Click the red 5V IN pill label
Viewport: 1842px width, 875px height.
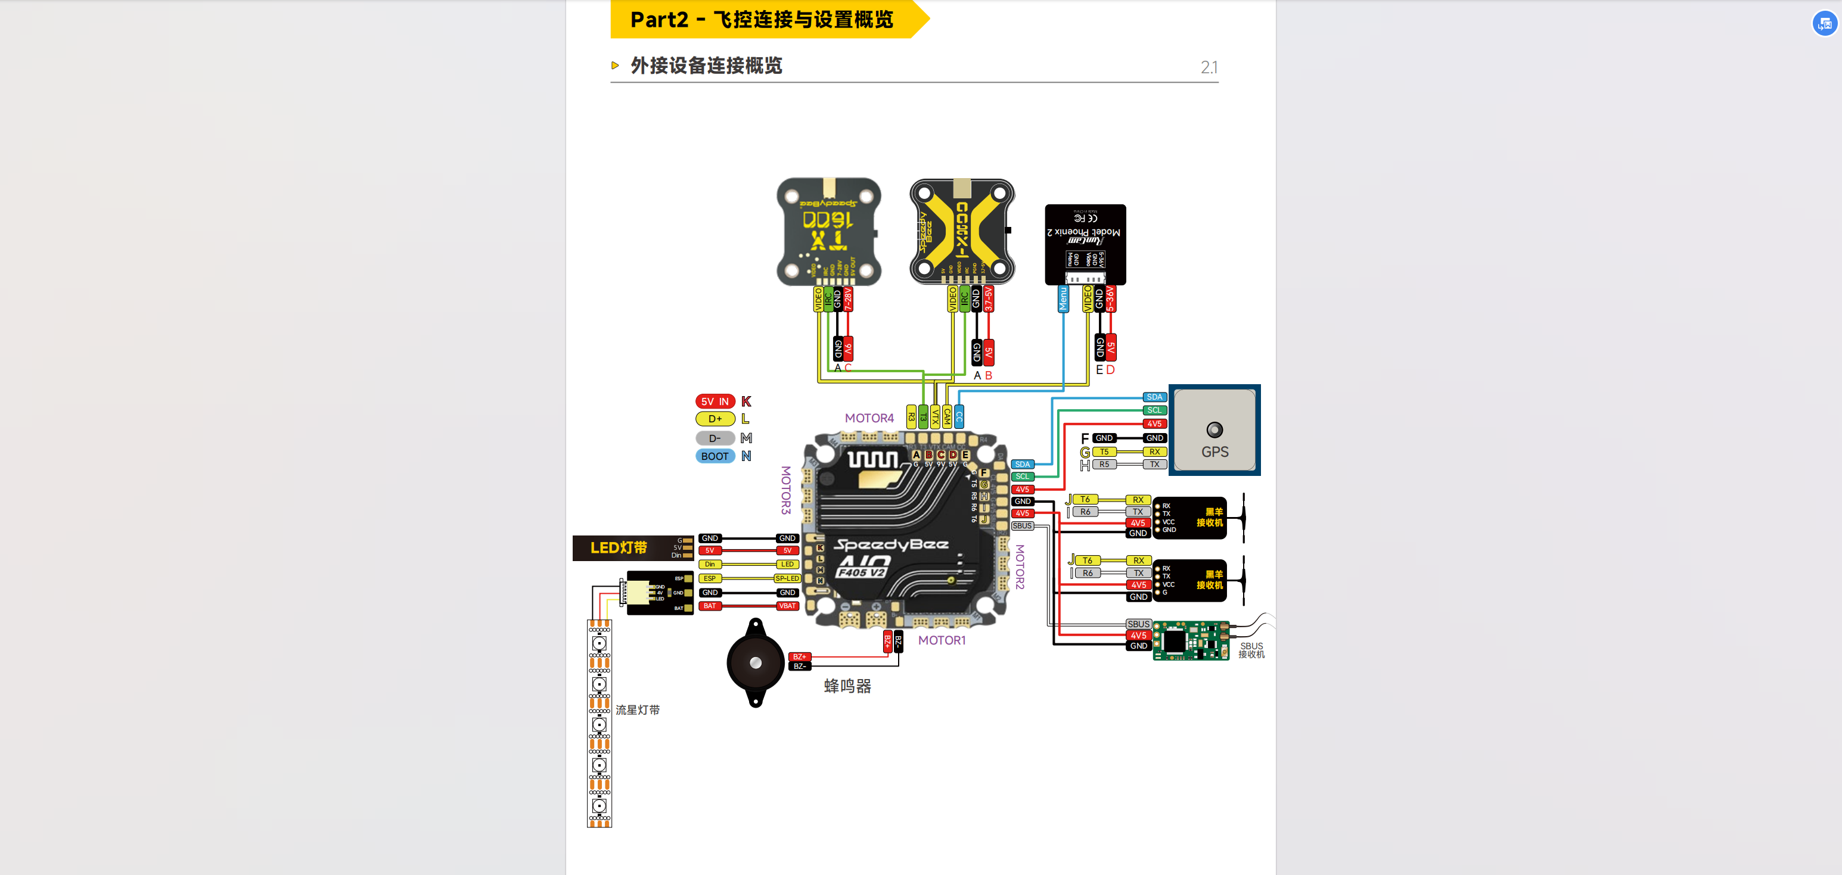[715, 401]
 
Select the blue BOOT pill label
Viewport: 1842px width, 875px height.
[715, 456]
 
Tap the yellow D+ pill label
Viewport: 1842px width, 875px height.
[715, 419]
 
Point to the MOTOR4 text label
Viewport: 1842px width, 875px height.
[869, 418]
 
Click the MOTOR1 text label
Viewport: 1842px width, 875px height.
[941, 640]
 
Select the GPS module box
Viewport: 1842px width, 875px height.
[1214, 430]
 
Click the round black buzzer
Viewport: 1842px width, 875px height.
[755, 663]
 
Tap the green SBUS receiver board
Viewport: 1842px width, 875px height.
[1191, 640]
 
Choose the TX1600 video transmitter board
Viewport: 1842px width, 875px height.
[829, 232]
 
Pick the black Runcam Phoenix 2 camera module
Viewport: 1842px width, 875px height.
[1085, 244]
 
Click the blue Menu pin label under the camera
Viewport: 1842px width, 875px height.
[1063, 299]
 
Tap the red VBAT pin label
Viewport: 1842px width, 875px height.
[787, 606]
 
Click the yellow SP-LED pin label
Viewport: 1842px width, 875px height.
[787, 578]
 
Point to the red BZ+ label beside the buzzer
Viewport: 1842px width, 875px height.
[799, 656]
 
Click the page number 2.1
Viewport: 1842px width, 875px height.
[1209, 68]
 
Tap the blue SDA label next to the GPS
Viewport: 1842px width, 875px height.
[1154, 397]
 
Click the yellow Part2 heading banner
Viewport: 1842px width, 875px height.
[762, 19]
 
